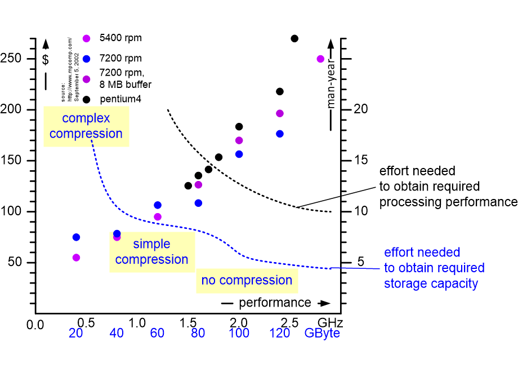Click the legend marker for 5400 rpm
[86, 38]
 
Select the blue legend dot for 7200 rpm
[86, 58]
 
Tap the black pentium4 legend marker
[86, 99]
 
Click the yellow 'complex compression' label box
[86, 126]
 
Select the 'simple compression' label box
[152, 252]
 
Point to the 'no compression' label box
[247, 280]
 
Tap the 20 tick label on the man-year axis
[360, 109]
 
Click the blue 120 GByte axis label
[279, 333]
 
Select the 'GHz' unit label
[330, 323]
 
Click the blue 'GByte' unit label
[322, 333]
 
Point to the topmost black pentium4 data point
[294, 38]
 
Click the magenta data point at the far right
[320, 59]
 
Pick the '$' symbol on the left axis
[45, 58]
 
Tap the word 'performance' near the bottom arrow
[275, 303]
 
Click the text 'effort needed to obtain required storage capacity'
[434, 268]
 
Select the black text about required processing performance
[448, 187]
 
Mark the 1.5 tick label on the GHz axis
[187, 323]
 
